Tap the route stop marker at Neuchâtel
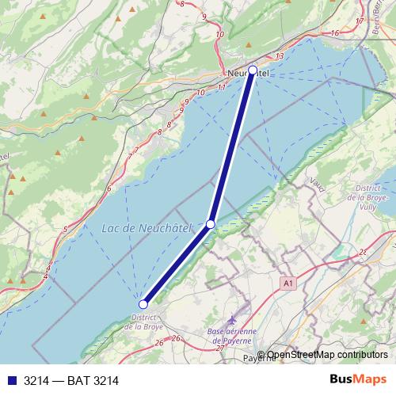(253, 70)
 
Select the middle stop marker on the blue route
(211, 224)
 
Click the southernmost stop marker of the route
(143, 304)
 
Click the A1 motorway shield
(287, 282)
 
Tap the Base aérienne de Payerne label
(235, 335)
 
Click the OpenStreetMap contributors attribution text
(322, 355)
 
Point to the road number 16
(335, 32)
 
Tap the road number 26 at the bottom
(158, 342)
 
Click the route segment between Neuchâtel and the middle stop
(232, 147)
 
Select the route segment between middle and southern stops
(177, 264)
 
